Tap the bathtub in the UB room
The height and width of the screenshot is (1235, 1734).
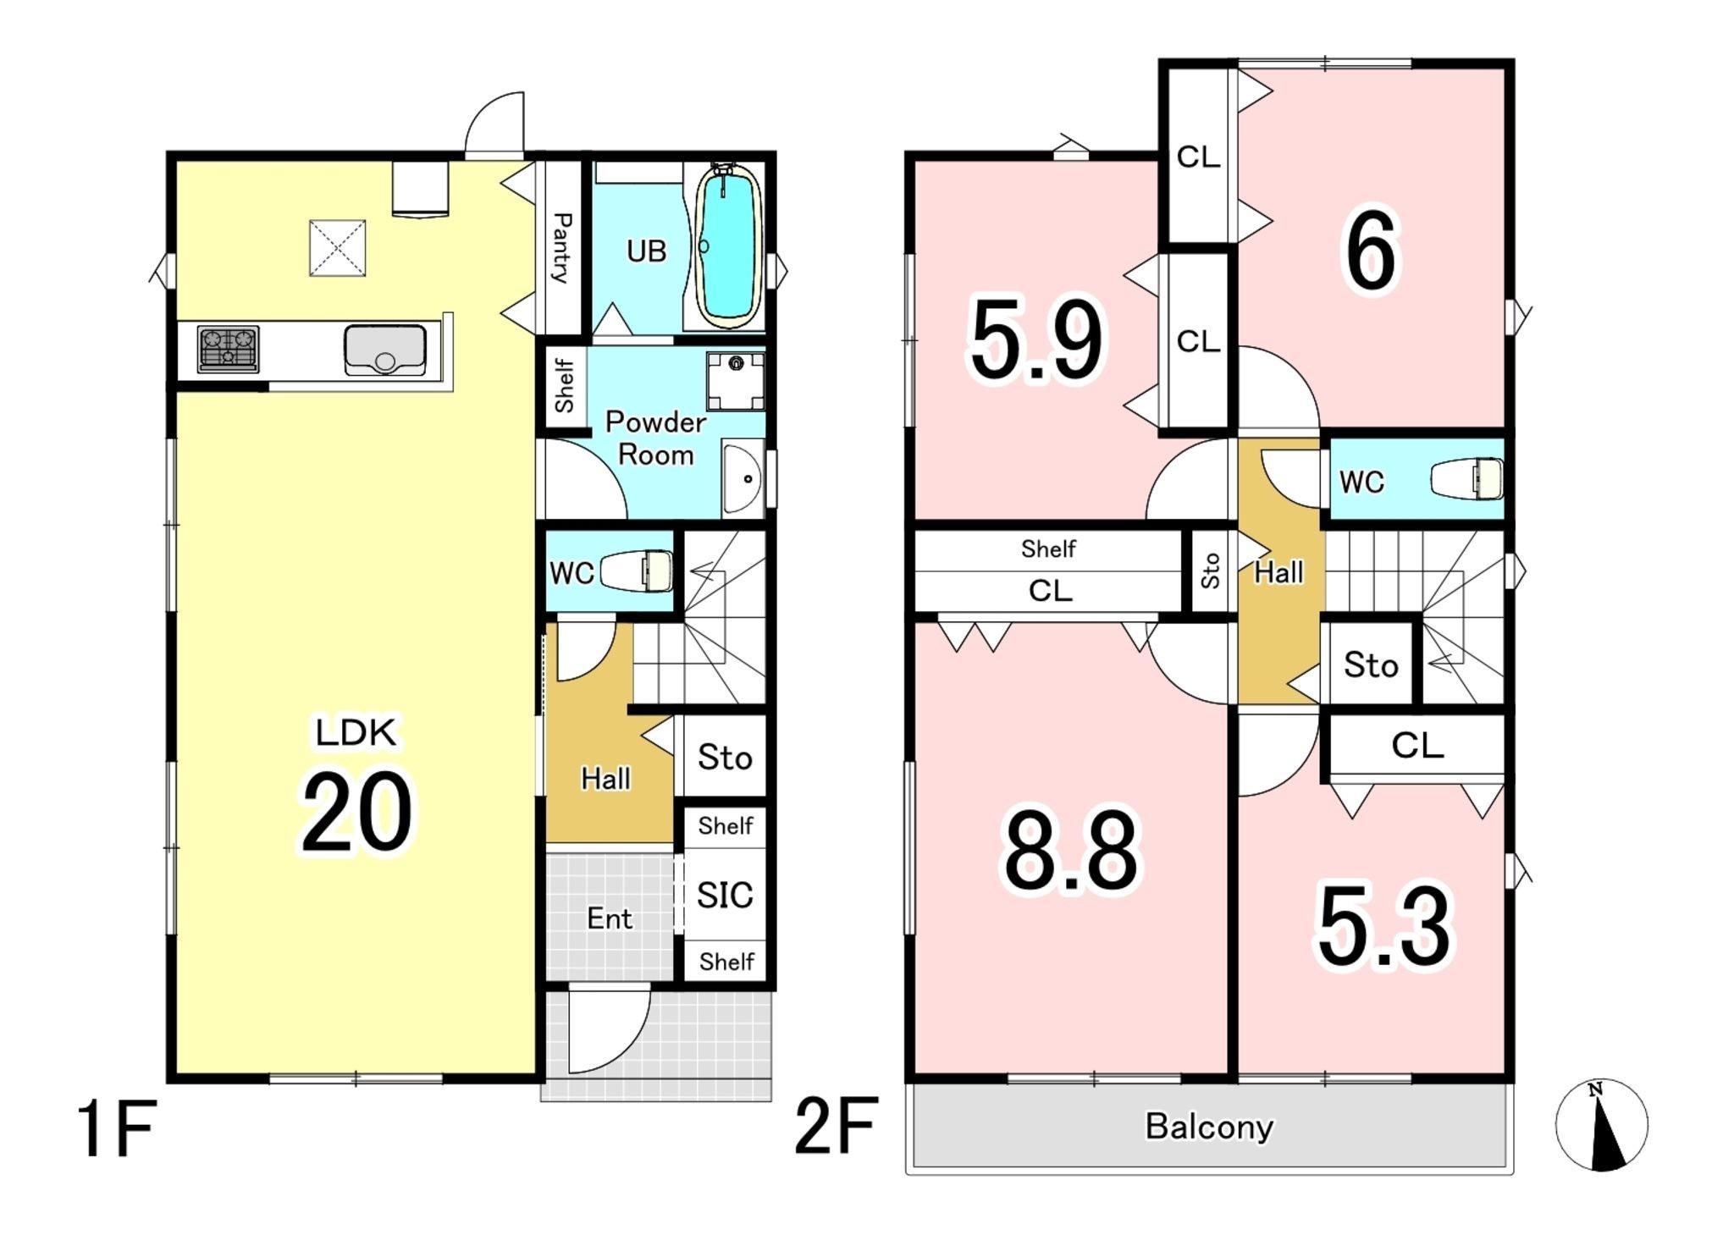pos(727,245)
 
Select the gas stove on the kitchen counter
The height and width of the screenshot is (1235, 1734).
pos(228,349)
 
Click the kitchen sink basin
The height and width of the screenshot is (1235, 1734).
pos(384,350)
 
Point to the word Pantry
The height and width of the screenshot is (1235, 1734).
pos(561,247)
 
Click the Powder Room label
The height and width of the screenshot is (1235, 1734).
pos(655,438)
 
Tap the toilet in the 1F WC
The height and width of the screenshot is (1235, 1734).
pos(637,571)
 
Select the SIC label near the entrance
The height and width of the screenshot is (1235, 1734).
pos(725,895)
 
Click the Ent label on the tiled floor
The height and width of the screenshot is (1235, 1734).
pos(610,918)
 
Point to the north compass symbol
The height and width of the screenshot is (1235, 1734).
pos(1601,1125)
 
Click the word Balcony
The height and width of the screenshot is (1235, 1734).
pos(1209,1127)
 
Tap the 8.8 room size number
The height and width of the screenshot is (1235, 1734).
pos(1071,852)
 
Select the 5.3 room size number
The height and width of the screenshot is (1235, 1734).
pos(1384,927)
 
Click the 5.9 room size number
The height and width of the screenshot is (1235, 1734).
pos(1037,340)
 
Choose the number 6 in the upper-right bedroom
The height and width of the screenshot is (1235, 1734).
pos(1371,251)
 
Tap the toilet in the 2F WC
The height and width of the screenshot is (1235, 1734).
pos(1467,479)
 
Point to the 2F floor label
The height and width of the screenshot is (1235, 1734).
pos(836,1126)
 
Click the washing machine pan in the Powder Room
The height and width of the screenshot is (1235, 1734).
pos(736,381)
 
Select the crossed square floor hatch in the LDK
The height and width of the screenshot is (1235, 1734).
pos(337,248)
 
